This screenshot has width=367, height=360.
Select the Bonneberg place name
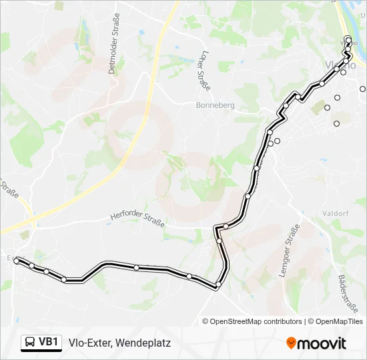pos(215,105)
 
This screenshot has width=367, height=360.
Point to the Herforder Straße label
pos(137,218)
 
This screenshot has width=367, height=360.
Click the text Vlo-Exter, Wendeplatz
pos(120,343)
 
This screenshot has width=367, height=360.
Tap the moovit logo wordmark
pos(322,343)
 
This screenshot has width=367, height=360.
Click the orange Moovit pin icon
pos(292,343)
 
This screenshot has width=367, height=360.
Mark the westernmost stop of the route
pos(16,262)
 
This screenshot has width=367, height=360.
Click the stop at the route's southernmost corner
pos(218,285)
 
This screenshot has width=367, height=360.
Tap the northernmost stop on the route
pos(348,39)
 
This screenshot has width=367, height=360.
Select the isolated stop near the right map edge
pos(362,89)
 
